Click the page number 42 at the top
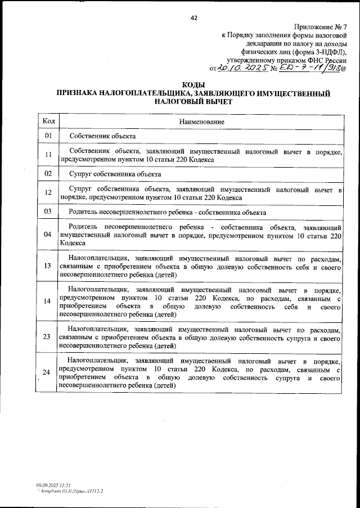[x=194, y=18]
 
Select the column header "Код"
[x=48, y=122]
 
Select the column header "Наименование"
[x=201, y=122]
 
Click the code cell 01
[x=48, y=136]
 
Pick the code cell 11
[x=48, y=155]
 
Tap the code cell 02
[x=48, y=174]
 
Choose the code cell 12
[x=48, y=193]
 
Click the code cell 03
[x=48, y=212]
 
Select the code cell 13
[x=48, y=266]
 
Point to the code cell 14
[x=48, y=301]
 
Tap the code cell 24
[x=48, y=371]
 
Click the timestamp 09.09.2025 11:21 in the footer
[x=53, y=484]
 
